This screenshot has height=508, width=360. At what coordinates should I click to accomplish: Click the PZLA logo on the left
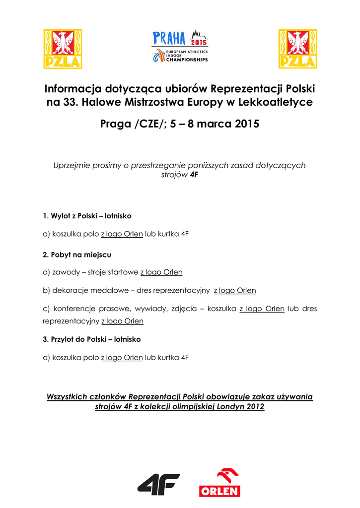tap(63, 49)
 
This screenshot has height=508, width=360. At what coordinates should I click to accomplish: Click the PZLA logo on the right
tap(297, 49)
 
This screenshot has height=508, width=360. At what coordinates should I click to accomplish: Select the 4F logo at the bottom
tap(158, 484)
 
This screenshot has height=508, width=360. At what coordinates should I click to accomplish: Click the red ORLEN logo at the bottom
tap(219, 483)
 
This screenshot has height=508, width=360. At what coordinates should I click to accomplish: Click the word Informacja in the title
tap(72, 89)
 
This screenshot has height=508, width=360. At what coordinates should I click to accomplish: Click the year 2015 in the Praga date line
tap(247, 124)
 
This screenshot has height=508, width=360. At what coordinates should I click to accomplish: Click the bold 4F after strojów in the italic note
tap(195, 175)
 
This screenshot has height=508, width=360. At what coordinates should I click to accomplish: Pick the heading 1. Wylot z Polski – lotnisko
tap(87, 216)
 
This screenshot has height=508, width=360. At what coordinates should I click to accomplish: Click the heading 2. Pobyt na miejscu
tap(77, 254)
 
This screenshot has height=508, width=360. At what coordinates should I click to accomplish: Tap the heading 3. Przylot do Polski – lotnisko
tap(92, 339)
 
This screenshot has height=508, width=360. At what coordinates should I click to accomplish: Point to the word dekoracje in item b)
tap(70, 290)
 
